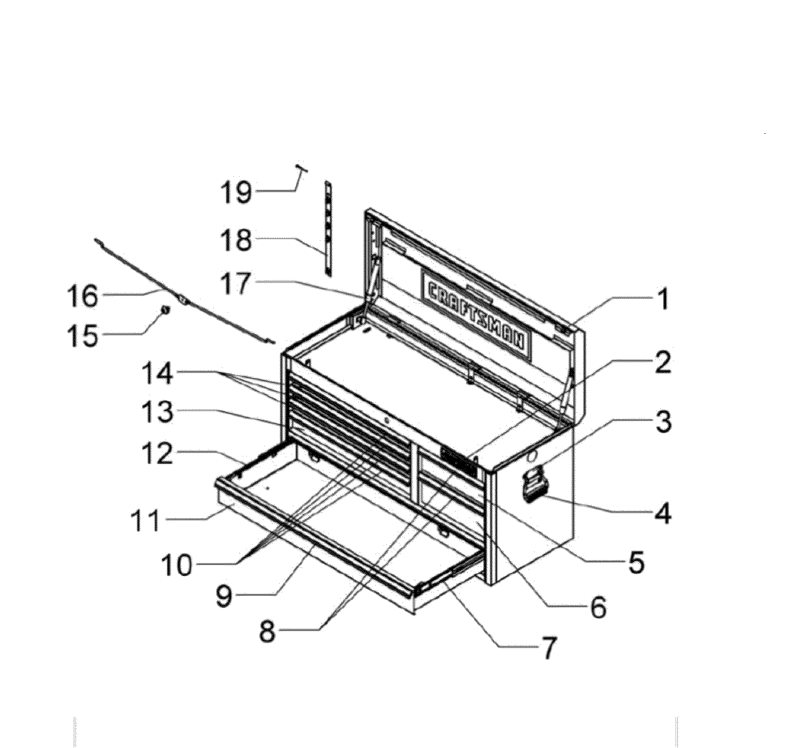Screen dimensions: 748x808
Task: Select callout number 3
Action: (662, 421)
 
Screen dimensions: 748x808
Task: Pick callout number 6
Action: (598, 606)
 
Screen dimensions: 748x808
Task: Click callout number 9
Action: (224, 595)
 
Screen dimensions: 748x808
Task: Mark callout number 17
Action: (238, 283)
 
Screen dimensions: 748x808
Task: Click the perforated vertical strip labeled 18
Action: (329, 229)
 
